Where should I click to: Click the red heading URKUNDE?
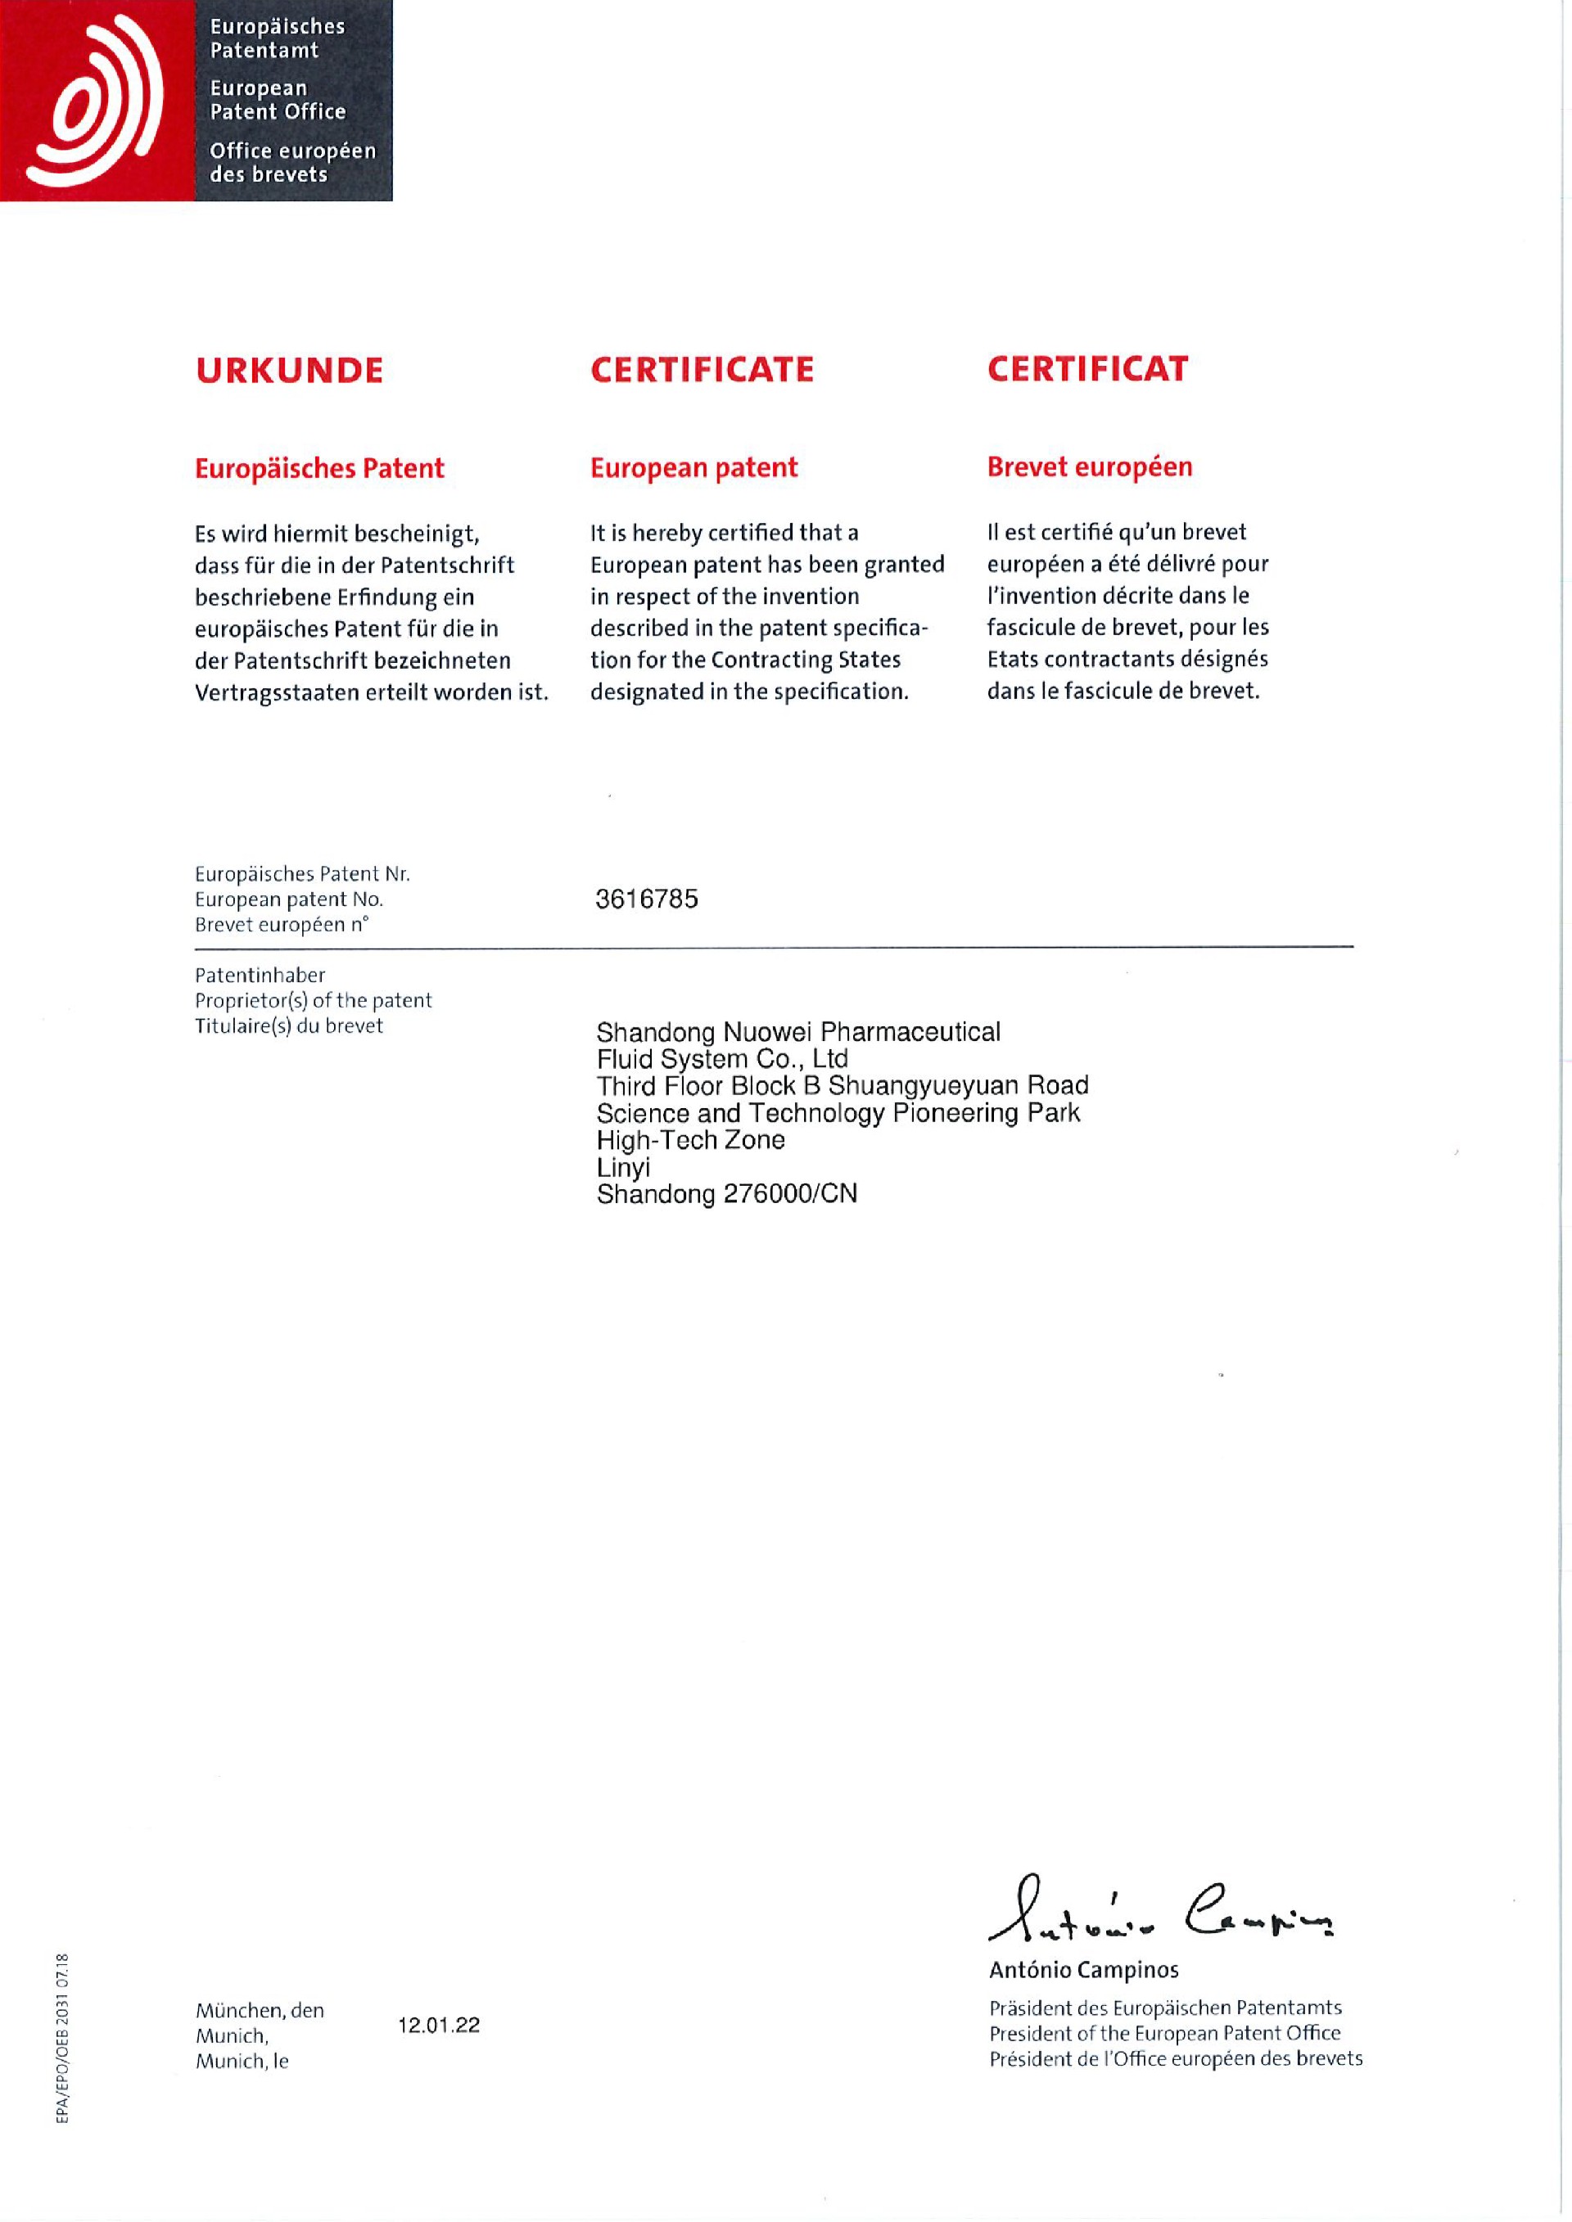pos(289,371)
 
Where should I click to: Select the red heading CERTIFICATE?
pos(702,370)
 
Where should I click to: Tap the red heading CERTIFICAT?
pos(1087,369)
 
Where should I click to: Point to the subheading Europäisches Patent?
pos(319,468)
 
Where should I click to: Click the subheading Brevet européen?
pos(1089,466)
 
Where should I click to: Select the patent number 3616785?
pos(647,899)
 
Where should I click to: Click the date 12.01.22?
pos(439,2026)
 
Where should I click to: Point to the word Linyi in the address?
pos(623,1167)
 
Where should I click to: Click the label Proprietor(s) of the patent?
pos(313,1001)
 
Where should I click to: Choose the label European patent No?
pos(288,899)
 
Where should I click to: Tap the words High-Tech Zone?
pos(690,1140)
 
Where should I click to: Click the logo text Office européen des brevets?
pos(292,163)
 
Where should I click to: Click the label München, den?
pos(260,2010)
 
